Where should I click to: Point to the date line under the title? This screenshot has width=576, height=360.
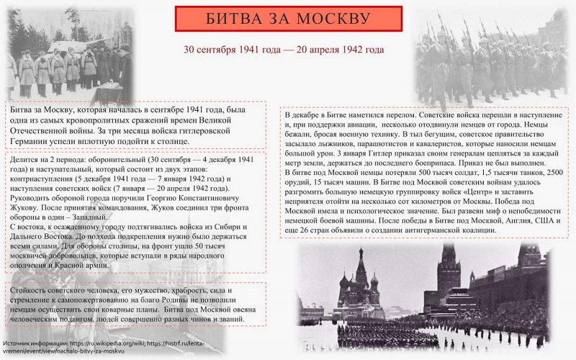(283, 50)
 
